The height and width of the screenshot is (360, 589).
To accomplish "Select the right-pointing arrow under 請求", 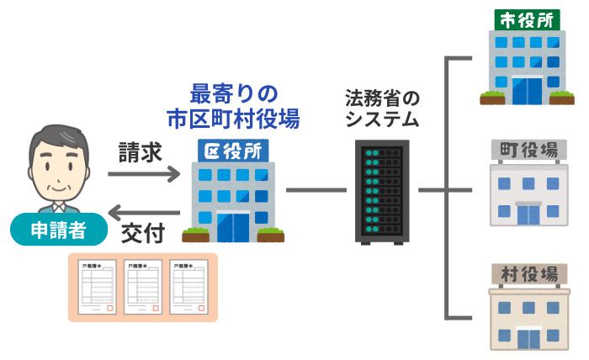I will coord(144,175).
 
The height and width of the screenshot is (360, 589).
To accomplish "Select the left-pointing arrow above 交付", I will coord(144,211).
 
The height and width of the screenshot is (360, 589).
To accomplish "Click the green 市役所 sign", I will coord(527,20).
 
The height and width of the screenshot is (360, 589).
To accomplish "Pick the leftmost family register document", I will coord(98,287).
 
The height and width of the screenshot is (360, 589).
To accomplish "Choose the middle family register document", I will coord(143,287).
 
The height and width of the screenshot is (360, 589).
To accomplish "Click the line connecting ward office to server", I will coord(318,190).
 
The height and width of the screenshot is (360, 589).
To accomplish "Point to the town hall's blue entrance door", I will coord(528,214).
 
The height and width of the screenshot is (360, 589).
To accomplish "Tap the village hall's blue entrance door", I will coord(528,337).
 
